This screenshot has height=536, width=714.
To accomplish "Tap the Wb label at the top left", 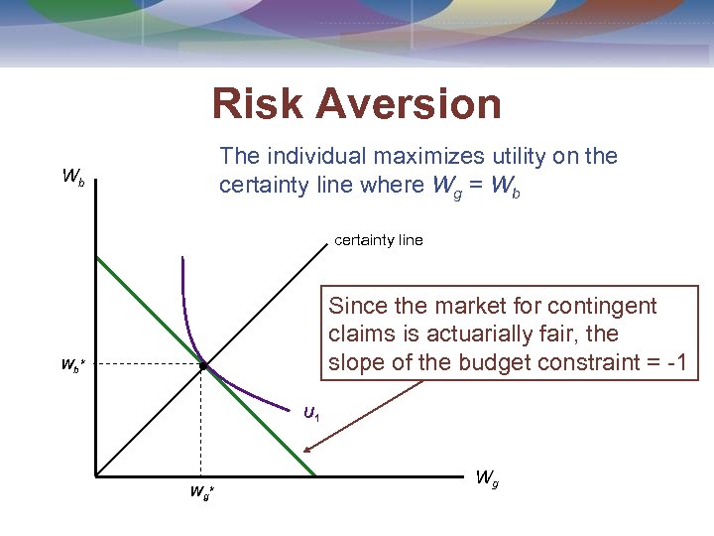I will pyautogui.click(x=73, y=178).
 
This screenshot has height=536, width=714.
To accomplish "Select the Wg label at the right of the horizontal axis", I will pyautogui.click(x=487, y=477).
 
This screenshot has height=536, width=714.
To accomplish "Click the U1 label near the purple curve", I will pyautogui.click(x=311, y=412).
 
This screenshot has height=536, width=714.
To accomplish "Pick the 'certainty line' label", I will pyautogui.click(x=379, y=240).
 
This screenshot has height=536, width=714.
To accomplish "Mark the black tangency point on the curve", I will pyautogui.click(x=201, y=365).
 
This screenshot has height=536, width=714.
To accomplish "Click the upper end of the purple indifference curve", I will pyautogui.click(x=182, y=259).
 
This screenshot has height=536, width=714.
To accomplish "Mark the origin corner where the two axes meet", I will pyautogui.click(x=96, y=475).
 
